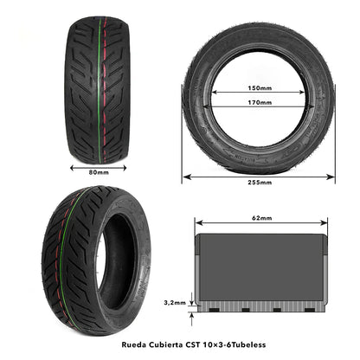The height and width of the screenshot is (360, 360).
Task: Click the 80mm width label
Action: [x=99, y=172]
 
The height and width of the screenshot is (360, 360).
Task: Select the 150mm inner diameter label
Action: [x=259, y=87]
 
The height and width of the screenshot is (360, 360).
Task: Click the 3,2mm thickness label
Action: [x=175, y=303]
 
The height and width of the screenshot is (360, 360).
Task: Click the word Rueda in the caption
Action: [x=123, y=343]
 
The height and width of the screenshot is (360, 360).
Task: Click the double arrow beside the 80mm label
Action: [x=99, y=165]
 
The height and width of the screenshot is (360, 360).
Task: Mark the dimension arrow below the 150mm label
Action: [x=259, y=94]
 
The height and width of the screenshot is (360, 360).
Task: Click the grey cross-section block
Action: [x=260, y=264]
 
